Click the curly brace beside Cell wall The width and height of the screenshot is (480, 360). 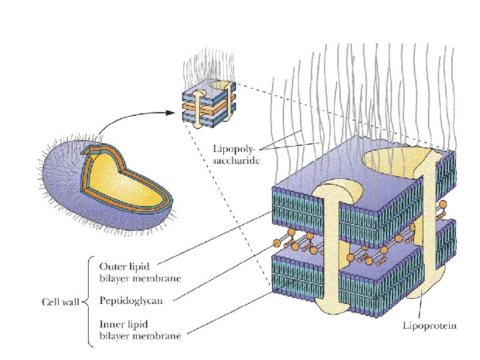(x=85, y=301)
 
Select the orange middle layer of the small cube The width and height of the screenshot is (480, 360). (x=200, y=105)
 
